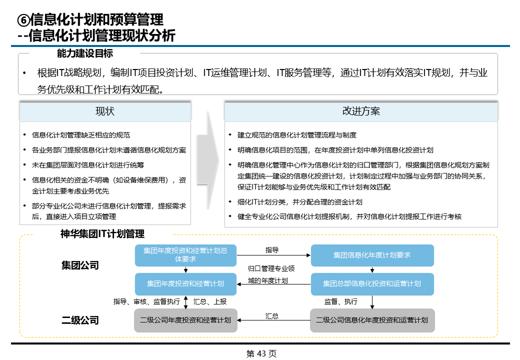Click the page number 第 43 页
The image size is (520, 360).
261,353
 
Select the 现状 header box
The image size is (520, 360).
105,111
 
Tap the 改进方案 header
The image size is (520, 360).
361,111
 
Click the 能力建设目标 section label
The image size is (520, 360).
85,53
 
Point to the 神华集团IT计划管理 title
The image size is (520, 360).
102,233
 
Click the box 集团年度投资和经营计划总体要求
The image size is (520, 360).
185,255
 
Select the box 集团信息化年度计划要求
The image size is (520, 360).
372,255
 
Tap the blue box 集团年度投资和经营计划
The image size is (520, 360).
185,284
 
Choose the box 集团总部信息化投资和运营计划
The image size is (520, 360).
372,284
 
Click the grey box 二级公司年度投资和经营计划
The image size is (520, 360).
185,320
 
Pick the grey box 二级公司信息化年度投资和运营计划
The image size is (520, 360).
372,320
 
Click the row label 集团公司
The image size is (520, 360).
80,265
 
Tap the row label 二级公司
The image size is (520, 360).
80,320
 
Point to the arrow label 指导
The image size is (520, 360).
272,249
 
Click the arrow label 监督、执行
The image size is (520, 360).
341,301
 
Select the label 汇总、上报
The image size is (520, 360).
210,301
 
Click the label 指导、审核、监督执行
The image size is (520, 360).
146,301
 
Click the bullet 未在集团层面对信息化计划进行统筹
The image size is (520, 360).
88,164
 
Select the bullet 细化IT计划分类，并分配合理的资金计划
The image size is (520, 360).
300,202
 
